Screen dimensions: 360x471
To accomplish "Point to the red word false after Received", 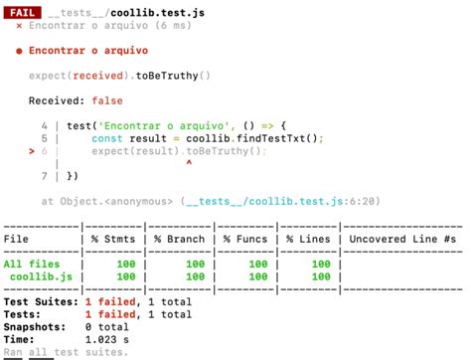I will pos(108,100).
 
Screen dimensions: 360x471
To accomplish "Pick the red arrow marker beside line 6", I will pos(32,151).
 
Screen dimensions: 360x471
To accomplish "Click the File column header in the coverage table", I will pos(17,239).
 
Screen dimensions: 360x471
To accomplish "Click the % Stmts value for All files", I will pos(123,264).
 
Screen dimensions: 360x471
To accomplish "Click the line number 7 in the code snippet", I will pos(46,176).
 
